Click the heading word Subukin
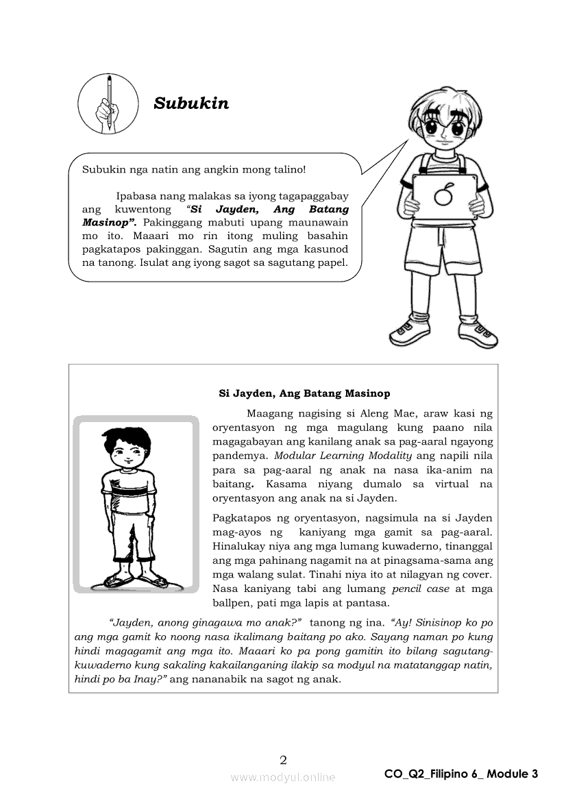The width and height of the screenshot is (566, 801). pyautogui.click(x=191, y=103)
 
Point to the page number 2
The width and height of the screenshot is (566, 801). pyautogui.click(x=283, y=759)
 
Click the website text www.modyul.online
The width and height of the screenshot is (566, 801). pyautogui.click(x=283, y=777)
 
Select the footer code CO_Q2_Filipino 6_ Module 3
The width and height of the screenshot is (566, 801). pyautogui.click(x=461, y=774)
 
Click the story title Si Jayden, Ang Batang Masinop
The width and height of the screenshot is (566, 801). pyautogui.click(x=304, y=393)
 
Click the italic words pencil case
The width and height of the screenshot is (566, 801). pyautogui.click(x=417, y=589)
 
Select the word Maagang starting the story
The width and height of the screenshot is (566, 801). pyautogui.click(x=269, y=413)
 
